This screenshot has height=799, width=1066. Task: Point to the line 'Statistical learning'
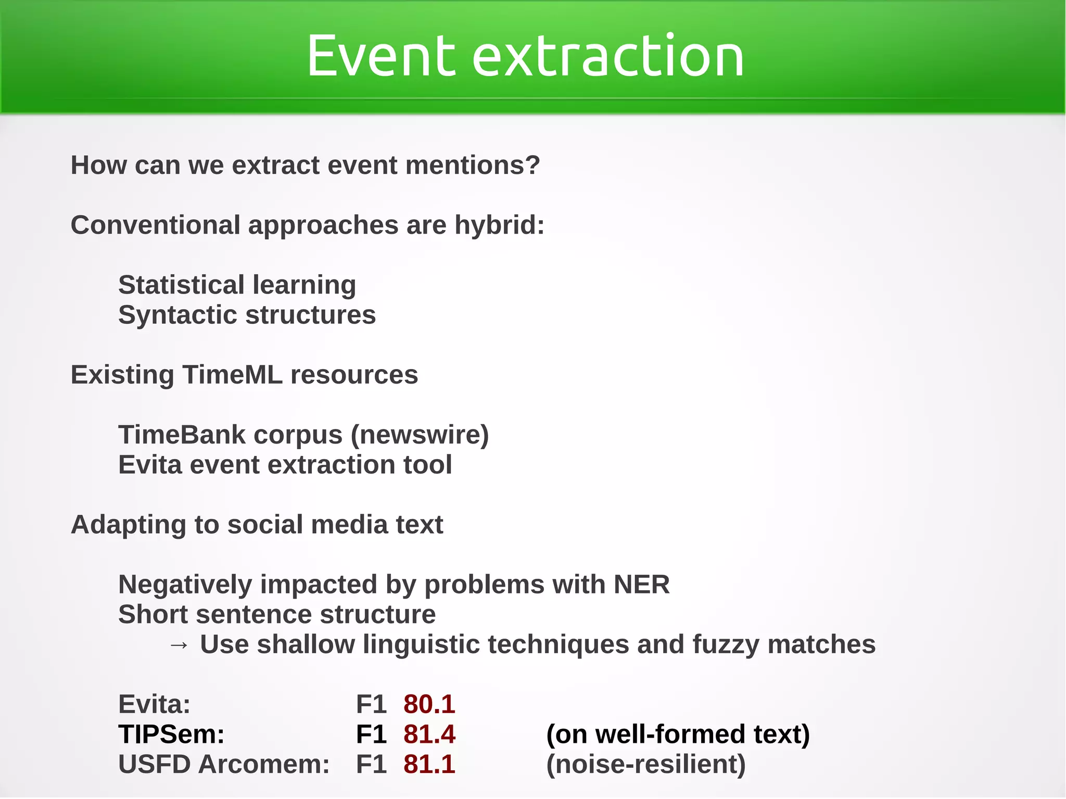coord(237,285)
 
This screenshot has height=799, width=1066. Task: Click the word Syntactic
coord(177,315)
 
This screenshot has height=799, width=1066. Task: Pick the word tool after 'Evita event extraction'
coord(428,465)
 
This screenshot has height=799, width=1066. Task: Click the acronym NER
coord(641,585)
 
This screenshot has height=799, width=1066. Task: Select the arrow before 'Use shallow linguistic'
coord(179,645)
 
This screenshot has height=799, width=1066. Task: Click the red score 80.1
coord(429,705)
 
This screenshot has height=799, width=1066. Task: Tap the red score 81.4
coord(429,734)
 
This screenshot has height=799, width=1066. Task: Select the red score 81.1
coord(429,765)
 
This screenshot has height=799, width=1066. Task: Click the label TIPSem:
coord(171,734)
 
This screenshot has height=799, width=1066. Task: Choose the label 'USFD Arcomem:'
coord(224,765)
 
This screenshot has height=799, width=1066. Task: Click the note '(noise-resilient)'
coord(646,765)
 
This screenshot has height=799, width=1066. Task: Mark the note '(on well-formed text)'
coord(678,734)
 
